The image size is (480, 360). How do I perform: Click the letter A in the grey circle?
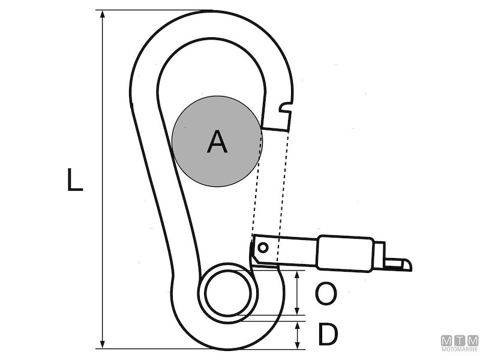217,142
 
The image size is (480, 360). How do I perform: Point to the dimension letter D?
328,335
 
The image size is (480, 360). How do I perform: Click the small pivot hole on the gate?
263,246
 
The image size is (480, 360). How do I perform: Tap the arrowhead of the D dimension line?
299,325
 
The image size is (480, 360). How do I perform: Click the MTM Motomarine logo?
460,343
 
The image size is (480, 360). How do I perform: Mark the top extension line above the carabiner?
156,10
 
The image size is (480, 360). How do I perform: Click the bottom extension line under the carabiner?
198,349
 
